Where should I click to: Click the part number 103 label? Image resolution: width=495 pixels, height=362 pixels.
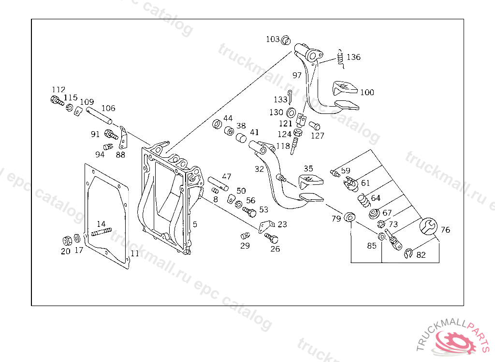click(273, 39)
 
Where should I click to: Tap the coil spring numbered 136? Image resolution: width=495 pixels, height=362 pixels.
click(340, 57)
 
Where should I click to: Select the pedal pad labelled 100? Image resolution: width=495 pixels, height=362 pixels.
click(344, 88)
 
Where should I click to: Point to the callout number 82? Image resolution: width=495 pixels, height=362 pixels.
click(421, 255)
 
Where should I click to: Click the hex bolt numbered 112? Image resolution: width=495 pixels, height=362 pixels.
click(56, 101)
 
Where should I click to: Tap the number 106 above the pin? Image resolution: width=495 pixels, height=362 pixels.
click(108, 108)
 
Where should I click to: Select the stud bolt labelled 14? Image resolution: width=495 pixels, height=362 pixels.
click(101, 233)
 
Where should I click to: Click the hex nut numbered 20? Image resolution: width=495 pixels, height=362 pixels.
click(67, 240)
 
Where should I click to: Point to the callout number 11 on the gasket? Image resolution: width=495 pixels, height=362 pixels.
click(135, 253)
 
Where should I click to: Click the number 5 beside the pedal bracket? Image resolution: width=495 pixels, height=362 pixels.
click(195, 224)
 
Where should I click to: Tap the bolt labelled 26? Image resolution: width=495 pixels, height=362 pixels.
click(272, 238)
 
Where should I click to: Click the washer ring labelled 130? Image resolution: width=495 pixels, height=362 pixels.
click(292, 113)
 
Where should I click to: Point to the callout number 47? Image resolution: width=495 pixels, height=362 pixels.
click(227, 177)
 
